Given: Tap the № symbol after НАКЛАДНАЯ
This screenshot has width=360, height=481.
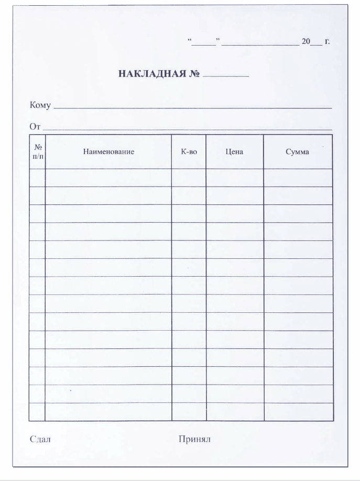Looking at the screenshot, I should pos(194,73).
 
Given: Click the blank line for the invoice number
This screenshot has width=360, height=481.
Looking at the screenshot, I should pos(226,75).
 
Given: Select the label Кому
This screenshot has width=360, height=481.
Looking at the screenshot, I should pos(40,106).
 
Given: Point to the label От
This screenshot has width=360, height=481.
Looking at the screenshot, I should pos(35,126).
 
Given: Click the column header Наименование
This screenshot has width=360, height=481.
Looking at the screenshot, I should pos(108,152).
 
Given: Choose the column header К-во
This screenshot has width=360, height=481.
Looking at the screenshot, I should pos(189,152).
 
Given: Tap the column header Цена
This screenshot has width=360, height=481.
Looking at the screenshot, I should pos(234,152).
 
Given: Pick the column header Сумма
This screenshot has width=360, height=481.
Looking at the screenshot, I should pos(298,152).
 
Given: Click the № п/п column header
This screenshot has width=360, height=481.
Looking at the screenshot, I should pos(37,152).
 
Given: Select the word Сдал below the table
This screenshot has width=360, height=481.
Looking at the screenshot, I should pos(40,439).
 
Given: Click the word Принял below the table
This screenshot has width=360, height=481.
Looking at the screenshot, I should pos(194,439).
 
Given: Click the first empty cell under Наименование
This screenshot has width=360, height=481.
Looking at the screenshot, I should pos(108,178).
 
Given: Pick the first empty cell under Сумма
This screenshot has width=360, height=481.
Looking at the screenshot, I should pos(298,178).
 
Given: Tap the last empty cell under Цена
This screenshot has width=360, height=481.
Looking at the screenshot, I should pos(234,412).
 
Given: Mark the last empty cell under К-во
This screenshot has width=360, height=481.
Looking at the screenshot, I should pos(189,412).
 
